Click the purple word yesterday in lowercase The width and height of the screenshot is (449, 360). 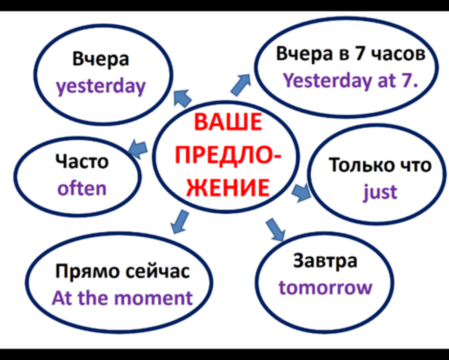101,87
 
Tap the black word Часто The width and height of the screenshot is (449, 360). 82,161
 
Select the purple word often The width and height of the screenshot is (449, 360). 82,188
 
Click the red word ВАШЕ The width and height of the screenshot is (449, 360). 228,122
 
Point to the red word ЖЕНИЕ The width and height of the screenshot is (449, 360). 228,188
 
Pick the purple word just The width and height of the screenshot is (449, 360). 381,192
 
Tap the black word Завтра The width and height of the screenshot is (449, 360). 325,261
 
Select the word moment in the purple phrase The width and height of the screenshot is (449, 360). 154,298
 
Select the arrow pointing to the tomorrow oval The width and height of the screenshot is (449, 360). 276,229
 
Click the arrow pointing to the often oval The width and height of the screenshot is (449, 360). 138,149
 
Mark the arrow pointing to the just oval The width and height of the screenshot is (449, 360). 302,193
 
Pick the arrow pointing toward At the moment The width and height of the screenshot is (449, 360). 180,222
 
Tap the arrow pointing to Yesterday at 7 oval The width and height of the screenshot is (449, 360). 241,85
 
